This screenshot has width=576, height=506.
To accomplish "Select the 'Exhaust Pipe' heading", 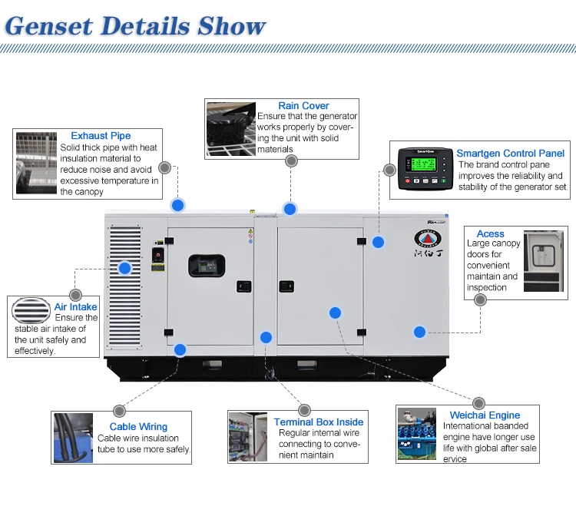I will [x=101, y=136].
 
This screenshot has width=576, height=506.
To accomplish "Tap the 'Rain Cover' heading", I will [x=303, y=106].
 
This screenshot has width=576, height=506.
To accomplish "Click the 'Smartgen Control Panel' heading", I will [x=510, y=154].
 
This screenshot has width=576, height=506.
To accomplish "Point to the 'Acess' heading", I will [x=490, y=233].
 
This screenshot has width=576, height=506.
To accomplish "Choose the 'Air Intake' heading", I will [x=75, y=307].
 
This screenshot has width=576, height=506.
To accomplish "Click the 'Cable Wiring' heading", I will [x=138, y=427].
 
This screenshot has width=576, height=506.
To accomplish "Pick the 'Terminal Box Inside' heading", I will [x=319, y=422].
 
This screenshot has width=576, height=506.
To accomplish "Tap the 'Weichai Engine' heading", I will [x=485, y=415].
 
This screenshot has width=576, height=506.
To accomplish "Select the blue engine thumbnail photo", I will [x=417, y=435].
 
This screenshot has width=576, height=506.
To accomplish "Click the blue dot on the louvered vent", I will [x=125, y=268].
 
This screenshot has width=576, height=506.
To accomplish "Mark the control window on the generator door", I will [x=207, y=266].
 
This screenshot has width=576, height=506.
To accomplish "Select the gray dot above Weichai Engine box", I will [x=479, y=403].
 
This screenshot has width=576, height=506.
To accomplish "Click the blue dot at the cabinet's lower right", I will [x=419, y=332].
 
